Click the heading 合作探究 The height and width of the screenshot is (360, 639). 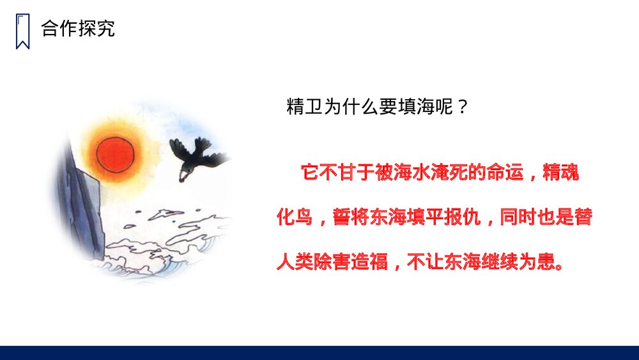tap(78, 29)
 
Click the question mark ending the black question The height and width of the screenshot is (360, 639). tap(464, 107)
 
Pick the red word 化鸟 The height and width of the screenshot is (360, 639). tap(294, 217)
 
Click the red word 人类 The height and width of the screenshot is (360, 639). tap(294, 262)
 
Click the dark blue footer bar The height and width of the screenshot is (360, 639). tap(319, 353)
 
